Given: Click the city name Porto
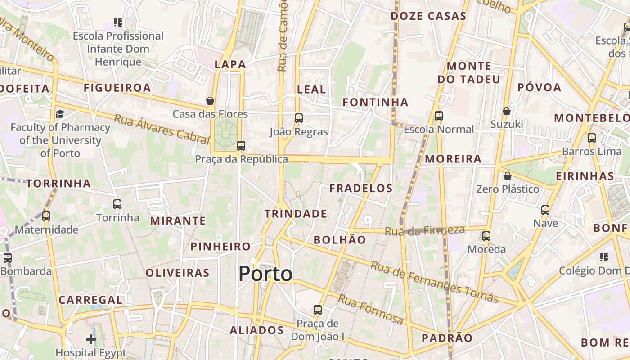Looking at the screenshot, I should click(x=265, y=273).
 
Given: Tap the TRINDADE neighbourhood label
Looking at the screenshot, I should click(x=296, y=214).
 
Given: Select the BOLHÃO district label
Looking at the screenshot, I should click(x=340, y=240).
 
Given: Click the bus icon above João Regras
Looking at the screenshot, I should click(x=298, y=118).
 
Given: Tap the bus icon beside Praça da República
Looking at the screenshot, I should click(x=241, y=145).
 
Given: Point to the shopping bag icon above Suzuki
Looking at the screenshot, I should click(x=507, y=111).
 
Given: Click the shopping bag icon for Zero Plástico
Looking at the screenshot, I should click(x=508, y=175).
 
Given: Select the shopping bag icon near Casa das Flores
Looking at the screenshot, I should click(x=210, y=101).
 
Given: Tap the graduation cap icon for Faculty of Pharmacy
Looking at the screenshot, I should click(x=60, y=114).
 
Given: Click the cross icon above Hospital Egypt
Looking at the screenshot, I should click(x=91, y=339).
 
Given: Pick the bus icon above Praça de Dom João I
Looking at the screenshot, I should click(x=318, y=310).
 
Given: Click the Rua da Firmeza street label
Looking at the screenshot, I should click(x=425, y=231).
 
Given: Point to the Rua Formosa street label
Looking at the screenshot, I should click(x=370, y=310).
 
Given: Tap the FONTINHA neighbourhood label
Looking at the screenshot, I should click(x=375, y=103).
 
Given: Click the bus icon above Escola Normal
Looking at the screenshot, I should click(x=439, y=116).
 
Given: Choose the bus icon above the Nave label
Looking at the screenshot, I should click(x=545, y=210).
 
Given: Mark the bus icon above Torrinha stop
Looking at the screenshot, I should click(x=117, y=204).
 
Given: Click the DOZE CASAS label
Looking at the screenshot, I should click(x=428, y=16).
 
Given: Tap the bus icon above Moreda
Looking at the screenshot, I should click(x=486, y=236).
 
